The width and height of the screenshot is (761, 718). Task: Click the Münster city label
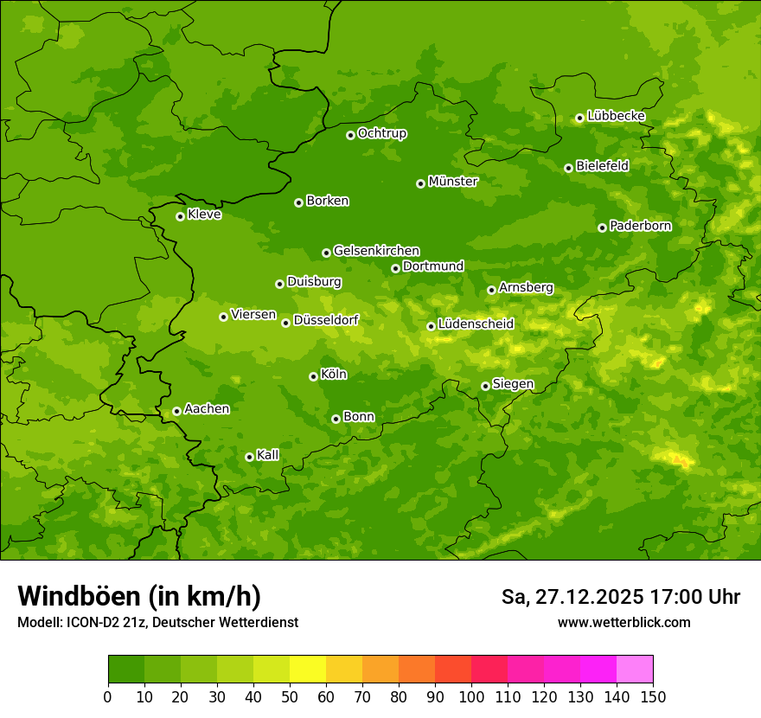point(453,182)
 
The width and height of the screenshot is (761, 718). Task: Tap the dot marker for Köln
point(313,376)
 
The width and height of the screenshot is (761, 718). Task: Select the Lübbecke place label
point(616,116)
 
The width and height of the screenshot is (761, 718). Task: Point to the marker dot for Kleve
point(180,216)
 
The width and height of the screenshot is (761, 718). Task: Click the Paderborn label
point(640,226)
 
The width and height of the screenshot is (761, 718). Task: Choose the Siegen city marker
point(485,386)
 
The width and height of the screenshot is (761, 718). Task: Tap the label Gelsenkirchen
point(376,251)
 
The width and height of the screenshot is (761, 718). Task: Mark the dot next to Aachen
point(176,411)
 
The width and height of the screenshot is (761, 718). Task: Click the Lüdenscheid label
point(476,324)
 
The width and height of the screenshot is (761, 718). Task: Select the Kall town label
point(268,455)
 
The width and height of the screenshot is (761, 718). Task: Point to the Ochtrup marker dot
point(350,135)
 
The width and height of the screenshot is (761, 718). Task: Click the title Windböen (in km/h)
point(139,596)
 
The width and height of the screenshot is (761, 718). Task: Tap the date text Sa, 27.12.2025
point(572,597)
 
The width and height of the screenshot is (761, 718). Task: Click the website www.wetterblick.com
point(624,622)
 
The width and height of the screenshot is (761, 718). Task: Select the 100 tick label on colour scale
point(470,697)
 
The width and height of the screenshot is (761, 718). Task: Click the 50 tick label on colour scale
point(289,697)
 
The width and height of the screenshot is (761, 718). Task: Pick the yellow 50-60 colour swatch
point(307,670)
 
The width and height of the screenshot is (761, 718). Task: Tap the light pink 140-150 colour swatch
point(634,670)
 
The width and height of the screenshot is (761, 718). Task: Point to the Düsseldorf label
point(326,320)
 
